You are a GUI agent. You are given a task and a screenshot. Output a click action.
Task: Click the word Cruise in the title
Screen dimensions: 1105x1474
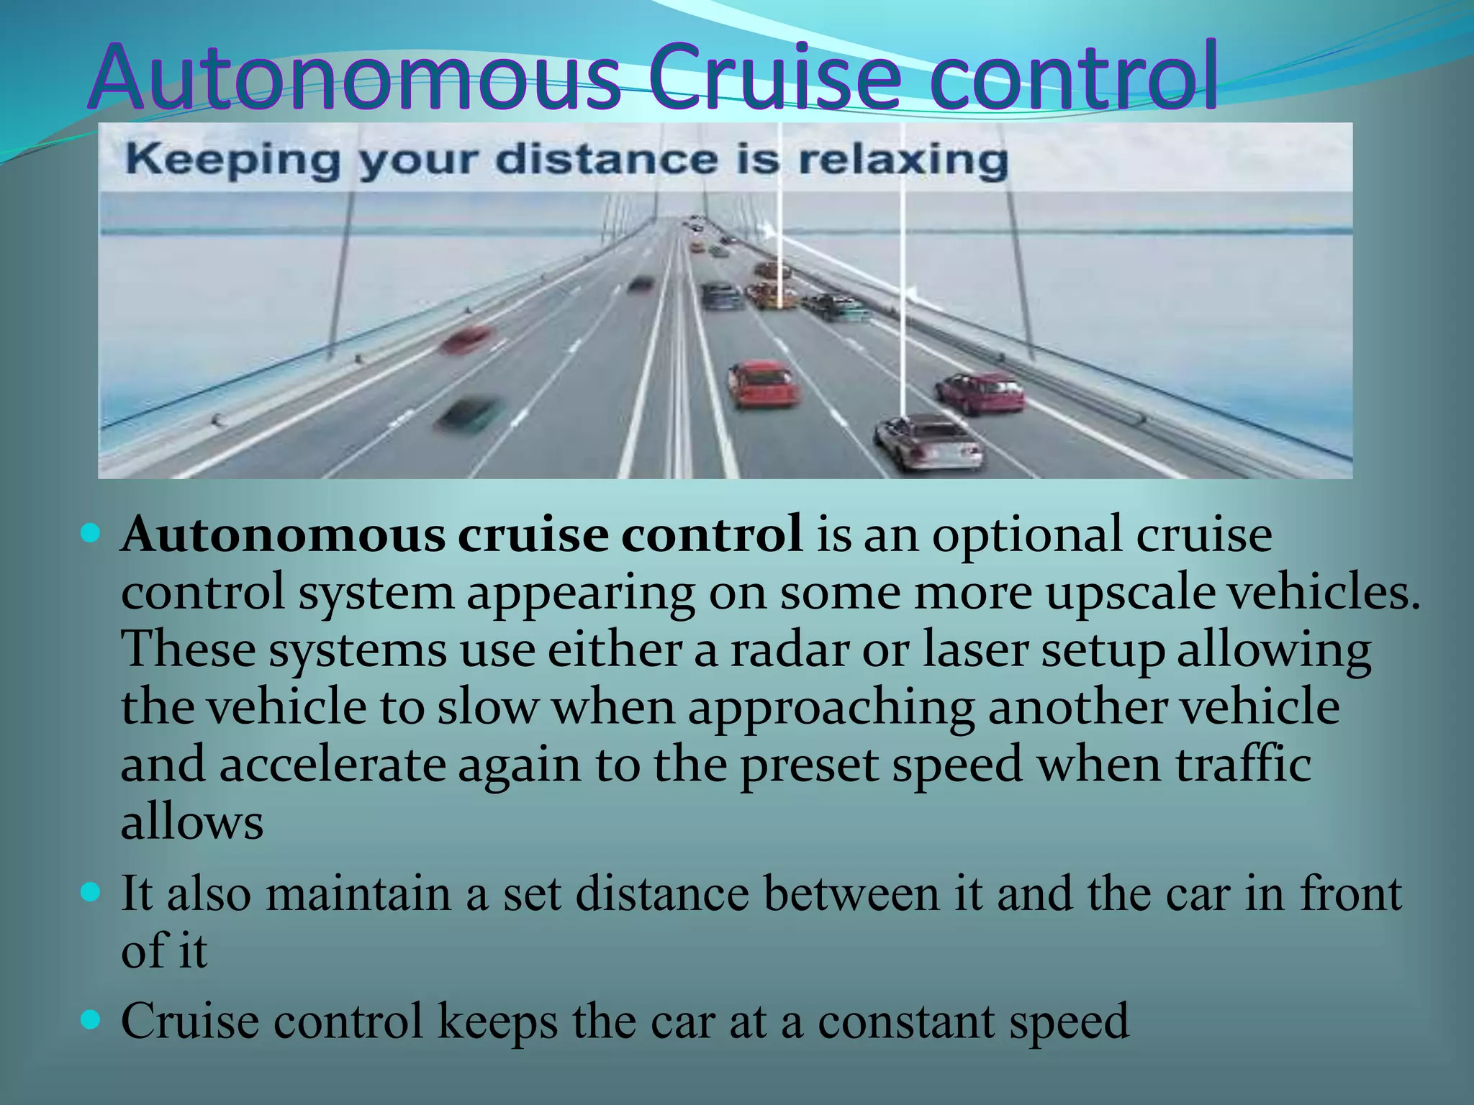[x=774, y=77]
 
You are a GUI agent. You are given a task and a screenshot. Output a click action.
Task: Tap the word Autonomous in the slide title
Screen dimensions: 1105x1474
[x=355, y=77]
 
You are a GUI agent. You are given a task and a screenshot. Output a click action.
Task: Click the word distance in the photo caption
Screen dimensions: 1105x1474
[x=606, y=160]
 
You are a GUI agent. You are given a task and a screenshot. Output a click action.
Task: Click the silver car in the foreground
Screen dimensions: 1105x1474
[x=929, y=442]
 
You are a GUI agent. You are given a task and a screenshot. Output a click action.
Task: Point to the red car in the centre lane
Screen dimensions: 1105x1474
[x=764, y=383]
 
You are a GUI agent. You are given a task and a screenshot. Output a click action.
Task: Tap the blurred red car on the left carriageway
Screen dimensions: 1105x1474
[x=466, y=338]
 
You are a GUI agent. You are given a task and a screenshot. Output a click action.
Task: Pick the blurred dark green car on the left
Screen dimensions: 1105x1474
[x=468, y=414]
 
